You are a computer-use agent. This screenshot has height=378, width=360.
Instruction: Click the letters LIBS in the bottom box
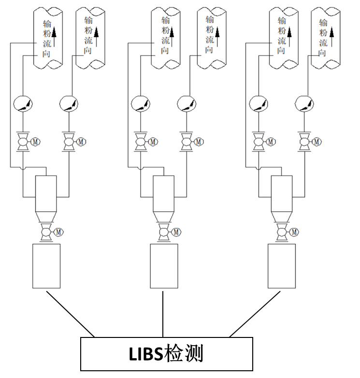coord(146,354)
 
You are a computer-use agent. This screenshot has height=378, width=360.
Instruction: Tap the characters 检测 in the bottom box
coord(183,353)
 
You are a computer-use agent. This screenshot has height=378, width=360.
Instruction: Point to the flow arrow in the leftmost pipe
coord(54,37)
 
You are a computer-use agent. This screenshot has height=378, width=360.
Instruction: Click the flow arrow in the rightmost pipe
coord(332,37)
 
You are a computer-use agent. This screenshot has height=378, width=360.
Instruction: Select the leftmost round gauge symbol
coord(23,104)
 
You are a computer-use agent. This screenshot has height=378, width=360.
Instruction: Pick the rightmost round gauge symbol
coord(304,104)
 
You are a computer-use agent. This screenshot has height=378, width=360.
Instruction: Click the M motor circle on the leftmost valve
coord(35,142)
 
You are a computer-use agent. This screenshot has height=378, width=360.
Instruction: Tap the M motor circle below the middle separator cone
coord(176,232)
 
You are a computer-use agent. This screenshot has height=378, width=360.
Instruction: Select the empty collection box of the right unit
coord(282,266)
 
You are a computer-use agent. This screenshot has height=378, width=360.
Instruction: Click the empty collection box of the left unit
coord(46,266)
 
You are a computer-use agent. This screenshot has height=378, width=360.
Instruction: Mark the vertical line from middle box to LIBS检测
coord(163,314)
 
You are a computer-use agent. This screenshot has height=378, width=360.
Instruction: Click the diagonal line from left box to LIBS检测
coord(70,314)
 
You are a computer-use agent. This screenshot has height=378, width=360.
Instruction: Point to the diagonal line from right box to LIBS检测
coord(255,314)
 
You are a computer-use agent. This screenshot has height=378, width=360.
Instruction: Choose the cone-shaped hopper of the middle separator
coord(164,217)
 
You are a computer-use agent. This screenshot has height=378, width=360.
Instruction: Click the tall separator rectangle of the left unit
coord(46,194)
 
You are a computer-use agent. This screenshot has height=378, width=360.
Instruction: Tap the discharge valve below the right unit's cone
coord(282,232)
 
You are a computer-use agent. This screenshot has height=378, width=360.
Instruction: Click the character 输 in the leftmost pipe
coord(47,24)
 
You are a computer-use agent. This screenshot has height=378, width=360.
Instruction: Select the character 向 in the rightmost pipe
coord(323,53)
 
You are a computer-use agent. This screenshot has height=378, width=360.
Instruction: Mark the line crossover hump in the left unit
coord(23,168)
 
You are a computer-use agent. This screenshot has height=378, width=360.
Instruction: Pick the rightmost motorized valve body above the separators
coord(304,142)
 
